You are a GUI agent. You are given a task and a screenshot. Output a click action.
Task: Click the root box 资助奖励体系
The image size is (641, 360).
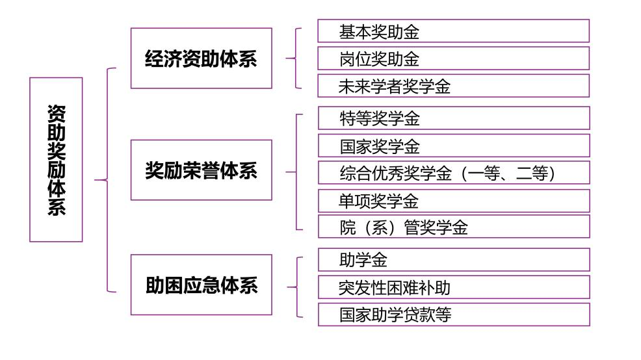(x=56, y=159)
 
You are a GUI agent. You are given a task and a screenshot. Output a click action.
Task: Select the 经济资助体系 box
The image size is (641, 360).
(x=201, y=58)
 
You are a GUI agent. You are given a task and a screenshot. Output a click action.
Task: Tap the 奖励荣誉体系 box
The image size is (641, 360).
(x=201, y=170)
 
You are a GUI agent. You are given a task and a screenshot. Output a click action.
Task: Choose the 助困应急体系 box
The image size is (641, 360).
(x=201, y=285)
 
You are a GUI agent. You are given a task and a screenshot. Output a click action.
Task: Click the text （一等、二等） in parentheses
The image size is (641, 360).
(x=508, y=174)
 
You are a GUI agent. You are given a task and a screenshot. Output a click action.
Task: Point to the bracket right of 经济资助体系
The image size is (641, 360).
(x=296, y=58)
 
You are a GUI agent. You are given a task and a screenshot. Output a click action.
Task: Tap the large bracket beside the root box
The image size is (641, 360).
(x=107, y=180)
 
